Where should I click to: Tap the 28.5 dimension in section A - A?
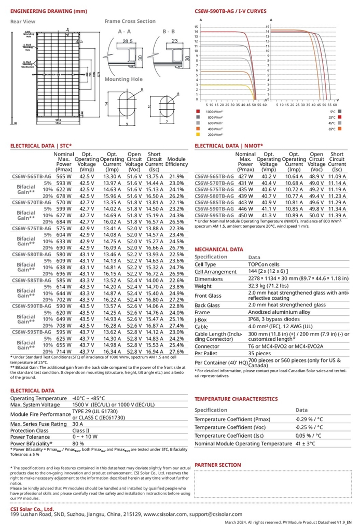coord(128,40)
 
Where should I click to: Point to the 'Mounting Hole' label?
coord(123,79)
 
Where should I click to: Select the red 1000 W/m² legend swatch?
coord(198,111)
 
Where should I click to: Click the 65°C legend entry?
coord(332,128)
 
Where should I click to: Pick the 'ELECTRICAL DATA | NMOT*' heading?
coord(229,146)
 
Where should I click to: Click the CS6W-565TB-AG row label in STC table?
coord(31,177)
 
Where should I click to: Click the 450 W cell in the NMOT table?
coord(245,215)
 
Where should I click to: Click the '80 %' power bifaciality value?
coord(78,444)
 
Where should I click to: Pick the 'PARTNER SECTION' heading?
coord(217,465)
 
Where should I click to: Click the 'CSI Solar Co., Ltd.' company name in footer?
coord(32,509)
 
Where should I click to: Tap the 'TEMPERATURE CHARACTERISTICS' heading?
coord(236,399)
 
